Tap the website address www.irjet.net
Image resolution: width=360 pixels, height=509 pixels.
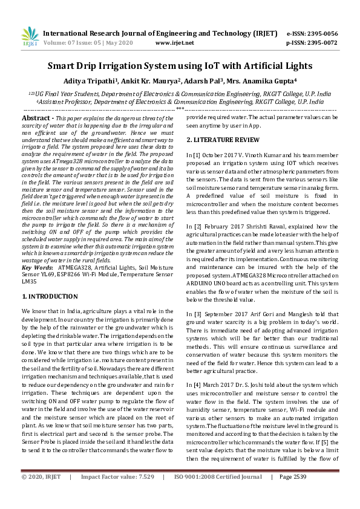(175, 44)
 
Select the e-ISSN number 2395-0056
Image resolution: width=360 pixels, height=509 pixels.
(322, 34)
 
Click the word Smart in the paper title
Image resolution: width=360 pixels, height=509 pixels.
(65, 65)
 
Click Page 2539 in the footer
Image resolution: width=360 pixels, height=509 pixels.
(293, 494)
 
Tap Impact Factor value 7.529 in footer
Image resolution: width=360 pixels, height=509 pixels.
(118, 494)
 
